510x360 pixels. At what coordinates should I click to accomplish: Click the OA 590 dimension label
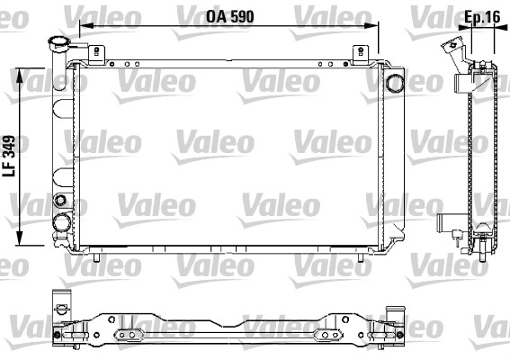230,16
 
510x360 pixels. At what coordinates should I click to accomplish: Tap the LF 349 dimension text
9,156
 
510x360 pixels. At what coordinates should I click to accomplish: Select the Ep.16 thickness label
482,16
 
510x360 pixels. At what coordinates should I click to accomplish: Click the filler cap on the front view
58,43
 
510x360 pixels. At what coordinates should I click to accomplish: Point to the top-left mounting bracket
96,54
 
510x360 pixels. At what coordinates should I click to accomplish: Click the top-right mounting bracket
361,54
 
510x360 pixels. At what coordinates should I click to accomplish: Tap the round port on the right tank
395,83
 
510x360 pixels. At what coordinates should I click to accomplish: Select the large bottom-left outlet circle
62,222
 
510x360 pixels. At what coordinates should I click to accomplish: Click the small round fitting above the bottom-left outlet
60,200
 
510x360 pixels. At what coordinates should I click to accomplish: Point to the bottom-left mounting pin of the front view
96,257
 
